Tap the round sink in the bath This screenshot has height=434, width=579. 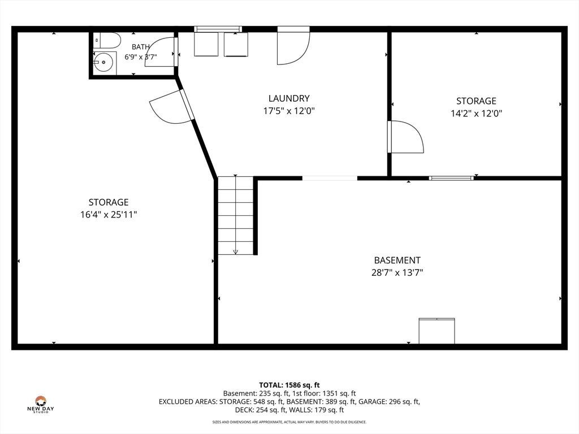point(103,62)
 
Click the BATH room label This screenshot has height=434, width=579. point(141,47)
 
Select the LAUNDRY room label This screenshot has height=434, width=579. point(289,98)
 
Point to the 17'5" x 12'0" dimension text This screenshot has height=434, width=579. point(289,111)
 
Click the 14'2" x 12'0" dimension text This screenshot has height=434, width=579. point(476,113)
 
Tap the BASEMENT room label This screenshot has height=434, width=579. point(397,260)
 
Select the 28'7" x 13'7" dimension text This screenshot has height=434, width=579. point(397,273)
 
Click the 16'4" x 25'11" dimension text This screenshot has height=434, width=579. point(109,214)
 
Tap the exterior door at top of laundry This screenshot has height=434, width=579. point(293,46)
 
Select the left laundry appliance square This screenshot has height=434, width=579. point(206,44)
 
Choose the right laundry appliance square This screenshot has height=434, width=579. point(236,44)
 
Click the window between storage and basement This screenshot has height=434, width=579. point(451,178)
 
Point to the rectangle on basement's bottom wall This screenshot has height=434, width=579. point(437,331)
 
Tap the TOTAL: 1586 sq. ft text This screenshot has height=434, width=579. point(289,385)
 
